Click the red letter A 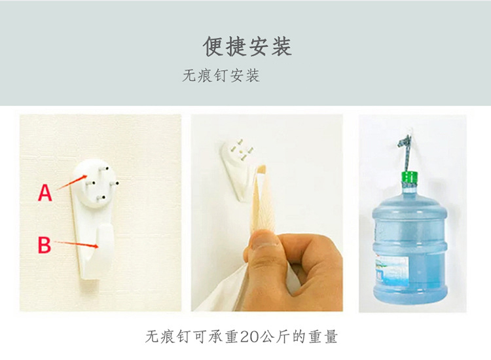(45, 193)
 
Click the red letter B (44, 245)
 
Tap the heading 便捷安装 (247, 46)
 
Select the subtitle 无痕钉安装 (221, 76)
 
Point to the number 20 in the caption (249, 337)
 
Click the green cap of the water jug (409, 177)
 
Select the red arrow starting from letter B (77, 244)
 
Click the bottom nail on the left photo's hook (101, 198)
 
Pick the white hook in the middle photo (238, 170)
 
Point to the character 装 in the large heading (282, 46)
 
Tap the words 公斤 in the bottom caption (274, 337)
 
